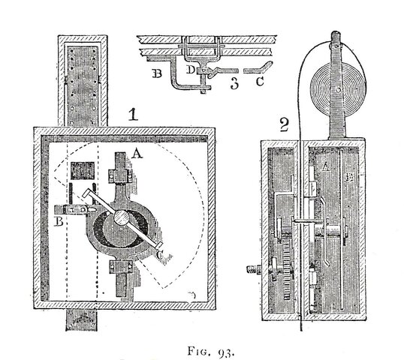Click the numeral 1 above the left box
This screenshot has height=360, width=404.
tap(131, 115)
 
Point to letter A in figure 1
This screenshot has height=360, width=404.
tap(137, 152)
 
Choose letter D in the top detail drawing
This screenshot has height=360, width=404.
tap(191, 69)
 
